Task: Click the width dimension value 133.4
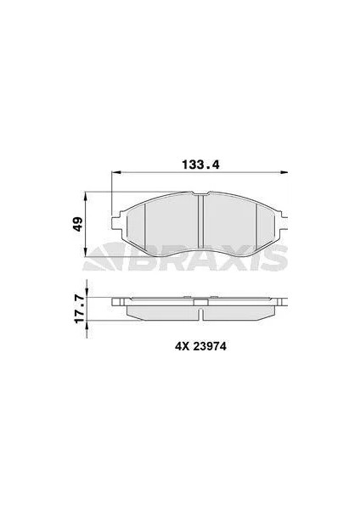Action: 200,165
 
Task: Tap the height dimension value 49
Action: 78,224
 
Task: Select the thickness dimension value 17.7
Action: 79,309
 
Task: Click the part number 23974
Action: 210,347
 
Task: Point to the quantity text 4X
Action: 183,347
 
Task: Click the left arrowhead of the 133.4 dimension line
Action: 115,172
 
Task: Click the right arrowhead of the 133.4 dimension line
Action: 284,172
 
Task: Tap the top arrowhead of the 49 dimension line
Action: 86,196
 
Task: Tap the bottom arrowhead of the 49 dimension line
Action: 86,252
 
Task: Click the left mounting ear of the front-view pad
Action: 116,221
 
